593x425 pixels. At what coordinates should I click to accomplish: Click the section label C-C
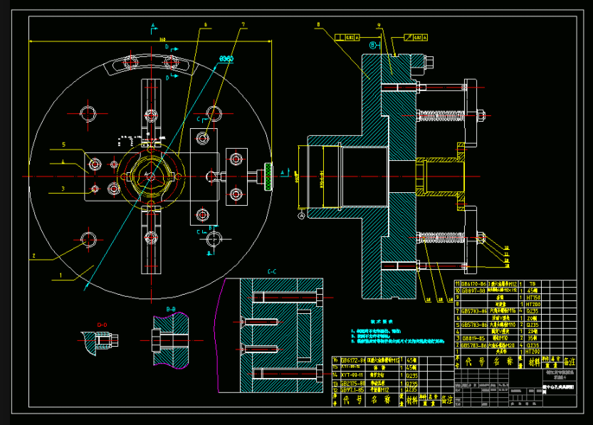[272, 271]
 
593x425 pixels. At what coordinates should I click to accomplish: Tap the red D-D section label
[102, 325]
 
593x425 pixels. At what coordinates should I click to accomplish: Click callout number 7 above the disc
[243, 24]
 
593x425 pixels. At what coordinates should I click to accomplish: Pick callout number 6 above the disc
[204, 24]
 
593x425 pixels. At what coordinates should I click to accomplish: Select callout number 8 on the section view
[318, 24]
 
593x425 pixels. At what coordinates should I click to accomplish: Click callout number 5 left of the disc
[63, 145]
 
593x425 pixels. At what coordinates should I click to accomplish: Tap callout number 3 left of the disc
[63, 189]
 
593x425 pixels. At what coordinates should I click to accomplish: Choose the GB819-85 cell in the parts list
[474, 338]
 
